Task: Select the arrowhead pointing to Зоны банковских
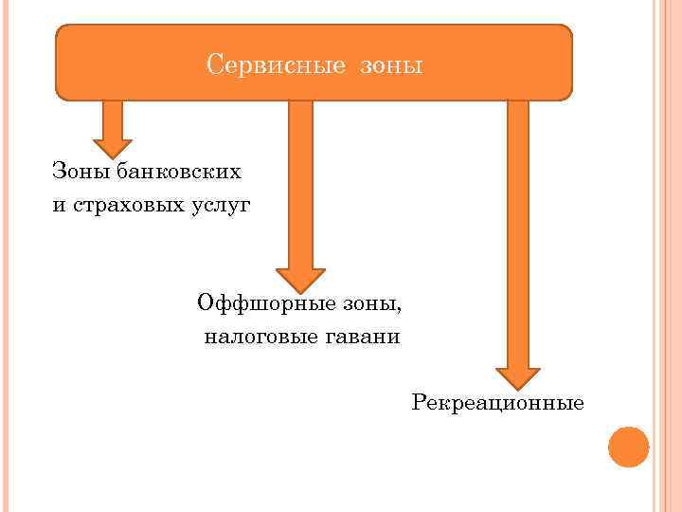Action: [113, 145]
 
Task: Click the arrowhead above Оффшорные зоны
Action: [300, 277]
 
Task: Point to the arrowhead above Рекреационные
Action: [518, 376]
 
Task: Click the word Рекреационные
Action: [498, 403]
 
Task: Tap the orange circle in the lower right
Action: [628, 447]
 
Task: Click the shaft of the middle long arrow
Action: [300, 180]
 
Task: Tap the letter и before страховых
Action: [59, 206]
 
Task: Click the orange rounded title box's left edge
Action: [57, 63]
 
